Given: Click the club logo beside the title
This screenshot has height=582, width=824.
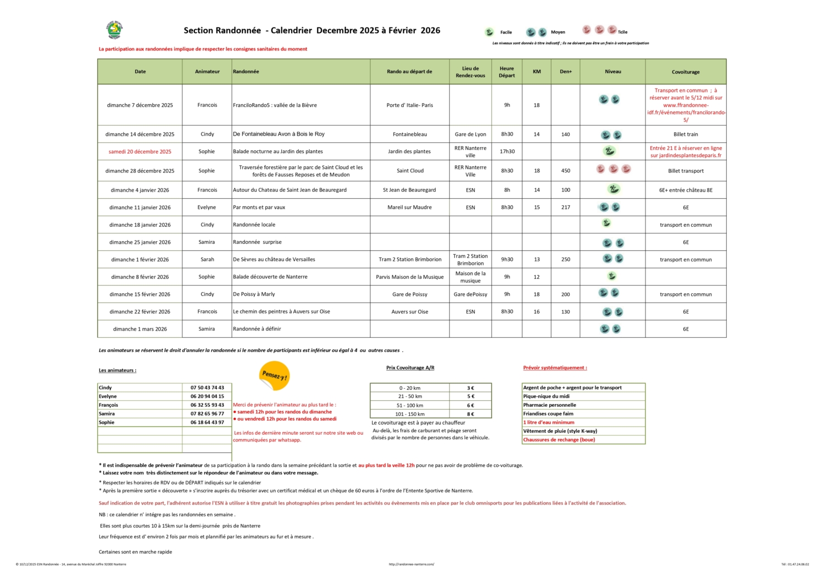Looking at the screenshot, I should point(114,30).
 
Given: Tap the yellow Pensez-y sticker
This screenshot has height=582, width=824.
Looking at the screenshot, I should point(274,376).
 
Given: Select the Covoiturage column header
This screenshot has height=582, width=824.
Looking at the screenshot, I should point(686,72).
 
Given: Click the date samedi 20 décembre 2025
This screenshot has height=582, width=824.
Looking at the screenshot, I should point(140,152).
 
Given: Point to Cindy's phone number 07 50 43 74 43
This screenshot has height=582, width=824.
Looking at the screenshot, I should point(207,388).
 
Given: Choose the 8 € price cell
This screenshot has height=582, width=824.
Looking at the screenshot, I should point(470,414).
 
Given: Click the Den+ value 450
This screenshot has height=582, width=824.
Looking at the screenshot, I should point(565,171).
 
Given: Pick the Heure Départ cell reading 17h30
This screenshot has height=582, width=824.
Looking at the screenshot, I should point(507,152).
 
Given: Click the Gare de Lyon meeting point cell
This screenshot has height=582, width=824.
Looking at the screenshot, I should point(470,135).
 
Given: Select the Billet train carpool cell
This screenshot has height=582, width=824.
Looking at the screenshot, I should point(686,135).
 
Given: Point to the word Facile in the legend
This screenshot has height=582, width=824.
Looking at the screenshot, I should point(506,32).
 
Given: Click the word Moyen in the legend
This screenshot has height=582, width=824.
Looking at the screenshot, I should point(558,32).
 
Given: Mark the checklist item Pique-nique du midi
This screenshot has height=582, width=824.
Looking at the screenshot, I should point(546,396).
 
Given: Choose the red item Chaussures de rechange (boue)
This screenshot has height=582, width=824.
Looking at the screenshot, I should point(559,440).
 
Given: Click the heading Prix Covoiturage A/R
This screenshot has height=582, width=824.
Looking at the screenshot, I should point(410,368).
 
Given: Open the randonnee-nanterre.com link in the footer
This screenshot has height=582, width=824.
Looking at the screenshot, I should point(411,564).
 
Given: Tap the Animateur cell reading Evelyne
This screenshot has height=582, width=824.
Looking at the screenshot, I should point(207,208).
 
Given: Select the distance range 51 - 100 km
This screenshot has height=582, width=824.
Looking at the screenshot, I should point(410,405).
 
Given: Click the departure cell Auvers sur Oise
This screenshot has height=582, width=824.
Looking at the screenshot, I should point(410,312).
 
